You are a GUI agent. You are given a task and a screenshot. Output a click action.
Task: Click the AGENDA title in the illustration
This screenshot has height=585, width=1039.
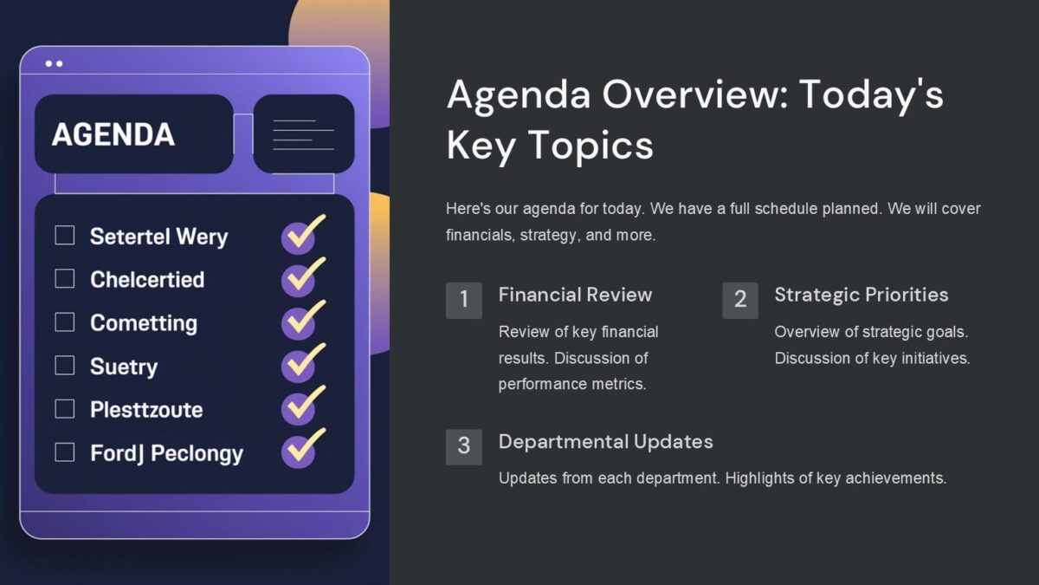[113, 134]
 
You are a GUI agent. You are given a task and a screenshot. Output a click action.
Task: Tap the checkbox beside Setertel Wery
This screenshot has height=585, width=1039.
[65, 236]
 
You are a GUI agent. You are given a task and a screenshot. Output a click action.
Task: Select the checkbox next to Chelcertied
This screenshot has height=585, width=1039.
[65, 279]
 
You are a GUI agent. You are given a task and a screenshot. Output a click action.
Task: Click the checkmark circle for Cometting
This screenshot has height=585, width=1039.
[299, 322]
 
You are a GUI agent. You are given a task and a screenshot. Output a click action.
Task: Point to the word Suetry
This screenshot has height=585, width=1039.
[124, 367]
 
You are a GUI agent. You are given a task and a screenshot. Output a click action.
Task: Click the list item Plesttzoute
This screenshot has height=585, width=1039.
[146, 409]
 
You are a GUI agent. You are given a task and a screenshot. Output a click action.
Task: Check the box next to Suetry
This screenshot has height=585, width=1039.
[65, 366]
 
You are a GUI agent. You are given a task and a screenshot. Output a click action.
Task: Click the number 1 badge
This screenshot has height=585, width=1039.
[464, 300]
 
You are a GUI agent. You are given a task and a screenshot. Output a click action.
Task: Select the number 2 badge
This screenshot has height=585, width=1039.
[740, 300]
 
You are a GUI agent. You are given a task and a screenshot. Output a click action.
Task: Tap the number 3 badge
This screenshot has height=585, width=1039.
[464, 446]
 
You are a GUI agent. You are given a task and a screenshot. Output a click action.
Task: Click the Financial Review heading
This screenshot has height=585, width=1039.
[575, 295]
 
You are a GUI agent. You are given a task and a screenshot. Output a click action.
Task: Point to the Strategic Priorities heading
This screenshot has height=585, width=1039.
[861, 295]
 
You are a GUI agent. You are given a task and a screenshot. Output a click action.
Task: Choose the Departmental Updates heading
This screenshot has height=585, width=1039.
[605, 441]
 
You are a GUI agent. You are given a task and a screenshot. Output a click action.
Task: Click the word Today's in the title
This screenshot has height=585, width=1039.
[871, 94]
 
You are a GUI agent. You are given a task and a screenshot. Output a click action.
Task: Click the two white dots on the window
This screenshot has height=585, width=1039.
[54, 64]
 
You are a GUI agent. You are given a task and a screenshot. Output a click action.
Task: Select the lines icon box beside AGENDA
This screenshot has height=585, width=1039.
[303, 134]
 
